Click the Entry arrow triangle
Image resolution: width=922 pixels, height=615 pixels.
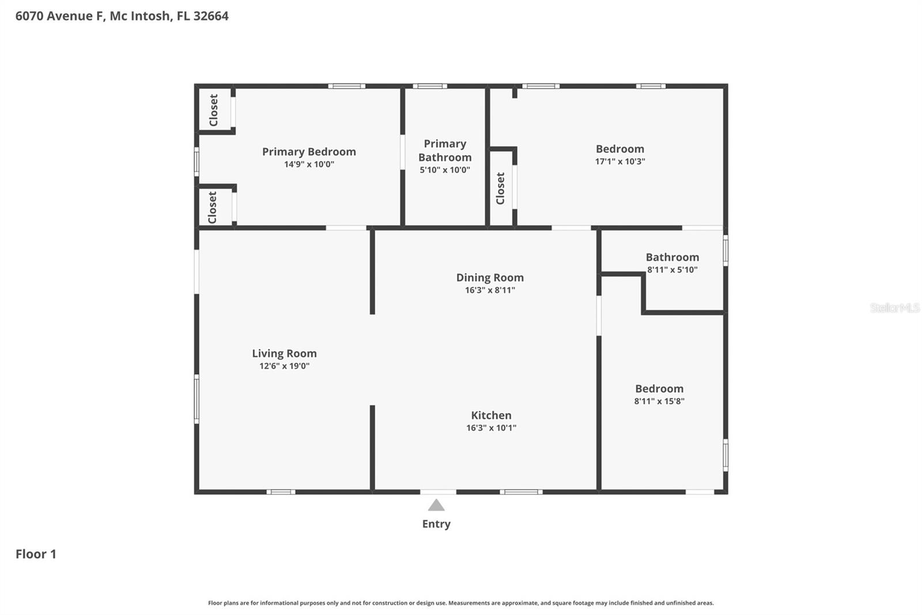point(436,506)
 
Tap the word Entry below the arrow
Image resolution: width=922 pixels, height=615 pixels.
point(436,524)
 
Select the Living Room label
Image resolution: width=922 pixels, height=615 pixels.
point(284,353)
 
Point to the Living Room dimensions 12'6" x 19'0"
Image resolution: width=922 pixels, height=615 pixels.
point(284,366)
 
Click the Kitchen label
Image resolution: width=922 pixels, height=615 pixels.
point(491,415)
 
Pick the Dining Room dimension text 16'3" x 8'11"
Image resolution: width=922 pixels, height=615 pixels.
point(490,290)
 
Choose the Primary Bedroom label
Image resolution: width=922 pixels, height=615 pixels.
point(309,152)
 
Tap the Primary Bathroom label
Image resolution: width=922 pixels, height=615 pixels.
point(445,150)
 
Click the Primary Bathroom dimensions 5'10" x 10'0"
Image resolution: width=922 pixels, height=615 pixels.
point(445,170)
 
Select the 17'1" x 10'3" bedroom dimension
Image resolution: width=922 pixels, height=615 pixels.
point(620,162)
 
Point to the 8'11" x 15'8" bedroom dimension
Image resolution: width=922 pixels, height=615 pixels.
point(659,402)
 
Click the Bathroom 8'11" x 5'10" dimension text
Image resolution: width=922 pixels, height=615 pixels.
point(672,269)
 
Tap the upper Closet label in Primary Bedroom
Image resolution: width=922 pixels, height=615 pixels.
point(214,110)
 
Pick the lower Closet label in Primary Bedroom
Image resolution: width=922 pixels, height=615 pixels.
point(213,207)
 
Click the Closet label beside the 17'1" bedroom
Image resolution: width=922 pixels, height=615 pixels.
point(500,188)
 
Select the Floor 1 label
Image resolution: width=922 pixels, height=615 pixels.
point(36,554)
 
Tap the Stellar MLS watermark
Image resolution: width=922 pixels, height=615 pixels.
point(894,307)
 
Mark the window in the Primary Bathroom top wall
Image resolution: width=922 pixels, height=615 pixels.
point(430,87)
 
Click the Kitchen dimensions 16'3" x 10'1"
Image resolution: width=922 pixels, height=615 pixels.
point(491,428)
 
